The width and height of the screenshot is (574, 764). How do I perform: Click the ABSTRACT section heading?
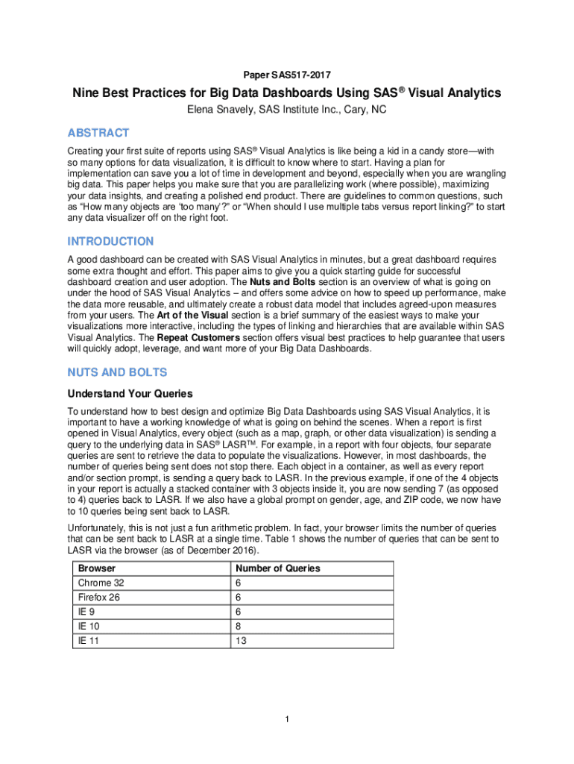point(98,133)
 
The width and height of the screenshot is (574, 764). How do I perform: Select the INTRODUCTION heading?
point(110,242)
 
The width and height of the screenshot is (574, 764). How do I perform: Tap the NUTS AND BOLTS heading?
point(117,372)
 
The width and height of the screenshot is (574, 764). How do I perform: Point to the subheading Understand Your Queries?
point(130,393)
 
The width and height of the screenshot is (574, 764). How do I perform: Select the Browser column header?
point(92,569)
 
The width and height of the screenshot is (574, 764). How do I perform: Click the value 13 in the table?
point(239,641)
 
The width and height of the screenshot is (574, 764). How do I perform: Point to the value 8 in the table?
point(237,627)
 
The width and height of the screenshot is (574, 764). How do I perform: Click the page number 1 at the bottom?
point(286,719)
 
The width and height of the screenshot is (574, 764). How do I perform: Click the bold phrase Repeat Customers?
point(192,338)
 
